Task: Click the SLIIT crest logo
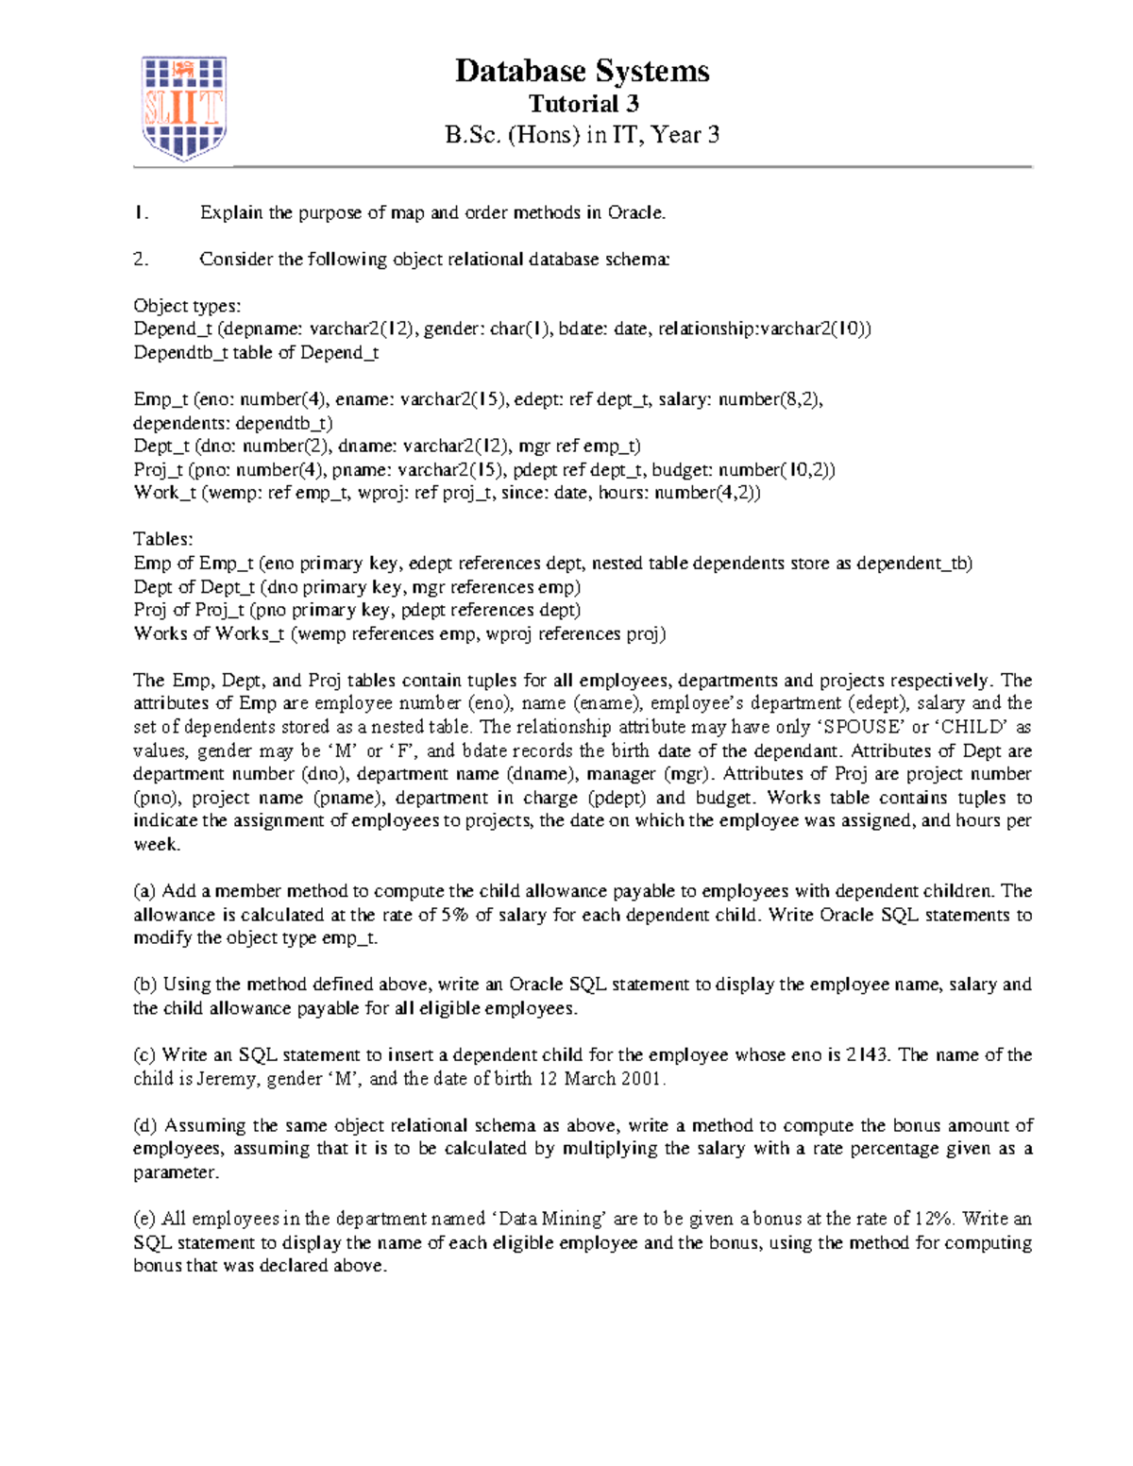[x=183, y=107]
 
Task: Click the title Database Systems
[x=582, y=71]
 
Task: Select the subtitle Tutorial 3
[x=583, y=104]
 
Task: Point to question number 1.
[x=141, y=213]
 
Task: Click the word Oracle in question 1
[x=635, y=213]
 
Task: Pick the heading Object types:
[x=187, y=306]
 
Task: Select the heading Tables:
[x=162, y=539]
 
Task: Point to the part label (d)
[x=145, y=1125]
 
